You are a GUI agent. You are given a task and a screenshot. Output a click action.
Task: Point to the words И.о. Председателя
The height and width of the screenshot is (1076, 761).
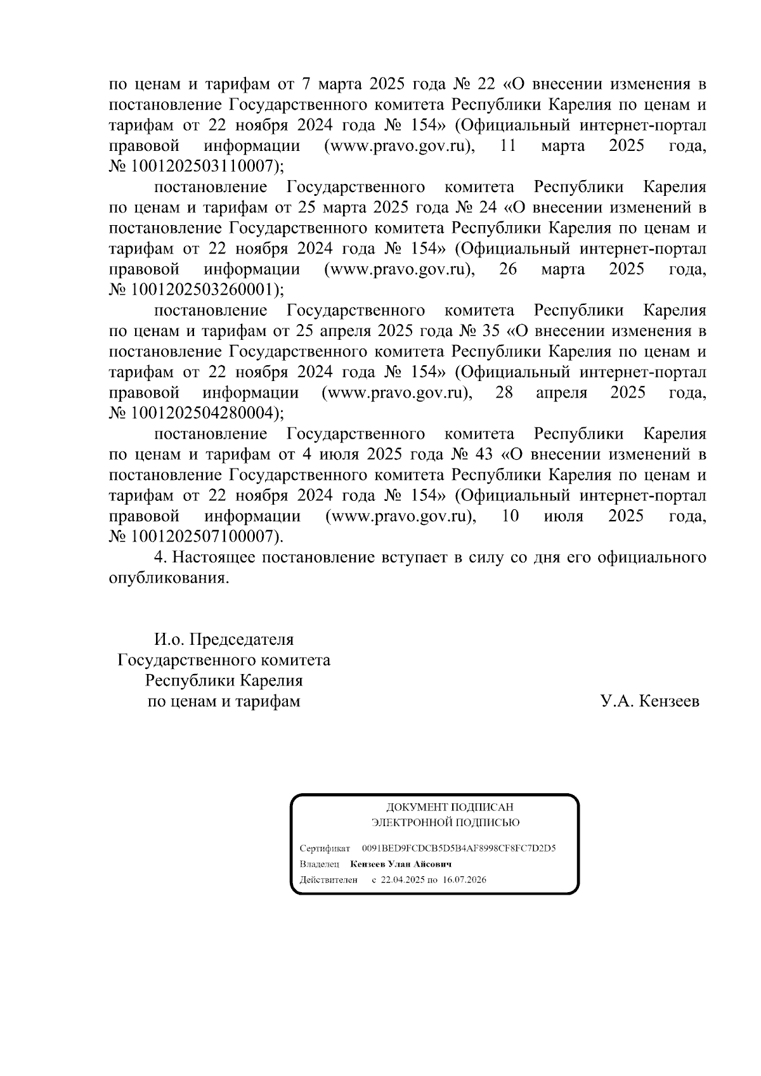(x=224, y=639)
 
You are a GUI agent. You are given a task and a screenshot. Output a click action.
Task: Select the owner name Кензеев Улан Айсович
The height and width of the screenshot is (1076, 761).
(x=400, y=864)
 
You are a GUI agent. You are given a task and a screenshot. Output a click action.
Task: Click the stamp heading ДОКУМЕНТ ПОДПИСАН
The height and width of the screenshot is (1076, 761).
(x=450, y=807)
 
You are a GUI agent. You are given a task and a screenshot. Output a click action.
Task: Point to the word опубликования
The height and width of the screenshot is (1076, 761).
(x=168, y=578)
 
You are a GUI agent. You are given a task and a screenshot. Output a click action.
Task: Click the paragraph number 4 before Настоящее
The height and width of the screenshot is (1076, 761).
(x=159, y=557)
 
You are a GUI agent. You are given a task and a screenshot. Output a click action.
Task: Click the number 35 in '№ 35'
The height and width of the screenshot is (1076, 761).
(x=487, y=331)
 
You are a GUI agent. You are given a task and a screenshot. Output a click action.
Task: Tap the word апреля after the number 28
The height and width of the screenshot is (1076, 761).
(x=561, y=392)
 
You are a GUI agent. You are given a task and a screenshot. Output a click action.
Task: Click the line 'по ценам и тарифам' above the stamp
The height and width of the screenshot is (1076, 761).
(x=224, y=701)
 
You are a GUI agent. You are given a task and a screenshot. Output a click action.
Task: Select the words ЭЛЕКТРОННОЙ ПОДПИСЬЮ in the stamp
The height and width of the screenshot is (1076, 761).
(x=445, y=823)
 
